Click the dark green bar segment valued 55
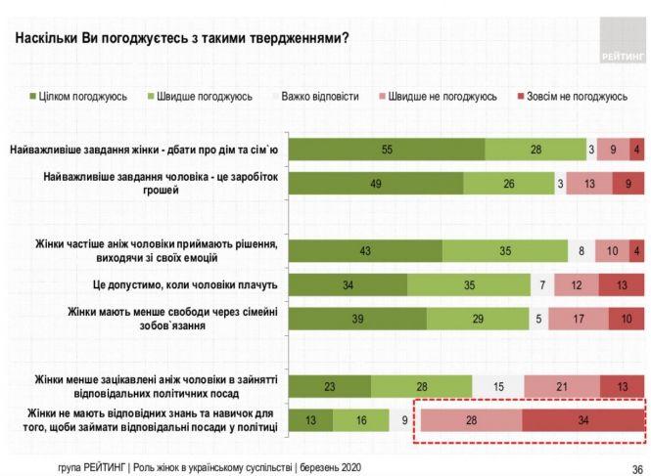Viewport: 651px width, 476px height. (x=388, y=150)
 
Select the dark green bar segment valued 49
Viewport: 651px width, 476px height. (x=377, y=183)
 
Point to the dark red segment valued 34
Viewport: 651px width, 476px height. (x=582, y=421)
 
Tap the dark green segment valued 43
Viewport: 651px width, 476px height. (x=366, y=250)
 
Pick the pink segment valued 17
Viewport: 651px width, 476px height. (x=578, y=319)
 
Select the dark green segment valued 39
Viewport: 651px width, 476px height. (x=358, y=319)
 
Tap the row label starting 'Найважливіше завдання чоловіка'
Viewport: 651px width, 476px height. (x=162, y=184)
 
